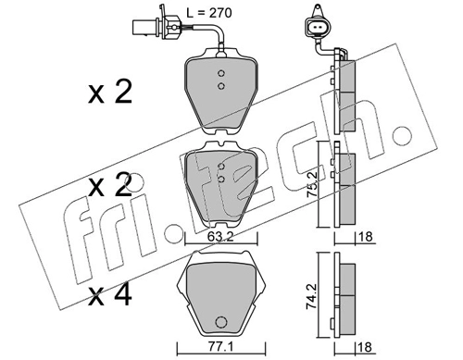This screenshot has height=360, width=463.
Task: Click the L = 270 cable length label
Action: tap(209, 13)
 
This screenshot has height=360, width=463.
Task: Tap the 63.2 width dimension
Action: tap(220, 237)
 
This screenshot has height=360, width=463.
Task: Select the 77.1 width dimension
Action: tap(220, 348)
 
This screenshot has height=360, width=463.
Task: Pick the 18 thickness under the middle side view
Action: tap(365, 237)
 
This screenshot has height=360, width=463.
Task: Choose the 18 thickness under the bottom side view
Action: tap(365, 347)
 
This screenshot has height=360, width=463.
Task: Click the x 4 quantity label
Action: tap(110, 295)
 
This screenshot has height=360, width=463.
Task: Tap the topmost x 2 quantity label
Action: tap(110, 92)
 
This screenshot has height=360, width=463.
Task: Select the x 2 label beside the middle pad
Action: tap(110, 185)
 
